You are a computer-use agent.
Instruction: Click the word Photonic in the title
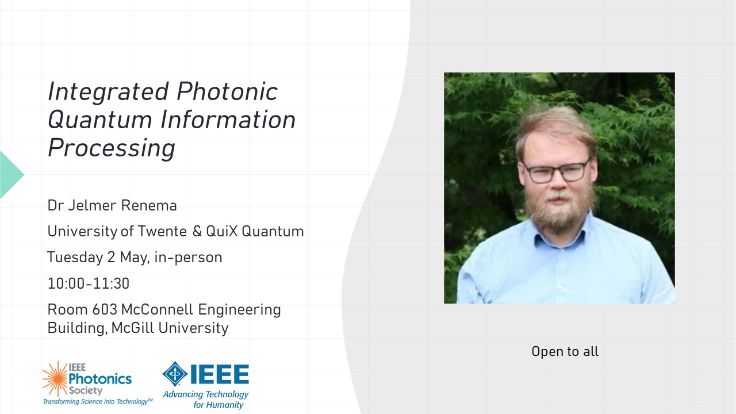point(227,91)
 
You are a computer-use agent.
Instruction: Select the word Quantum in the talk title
point(100,120)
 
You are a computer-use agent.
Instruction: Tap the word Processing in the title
point(112,148)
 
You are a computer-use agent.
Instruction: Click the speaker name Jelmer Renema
point(122,206)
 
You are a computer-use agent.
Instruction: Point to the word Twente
point(162,231)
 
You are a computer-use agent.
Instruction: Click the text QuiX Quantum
point(255,231)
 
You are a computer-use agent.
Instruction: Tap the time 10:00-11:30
point(89,283)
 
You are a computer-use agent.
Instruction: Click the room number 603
point(105,309)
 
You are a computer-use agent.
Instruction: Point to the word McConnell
point(157,309)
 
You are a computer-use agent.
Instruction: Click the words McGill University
point(170,328)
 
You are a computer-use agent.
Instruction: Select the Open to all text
point(565,351)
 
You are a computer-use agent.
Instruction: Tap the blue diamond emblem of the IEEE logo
point(175,374)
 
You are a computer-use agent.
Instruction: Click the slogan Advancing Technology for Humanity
point(206,399)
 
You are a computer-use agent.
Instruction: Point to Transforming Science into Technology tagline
point(98,401)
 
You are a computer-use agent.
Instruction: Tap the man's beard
point(559,207)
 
